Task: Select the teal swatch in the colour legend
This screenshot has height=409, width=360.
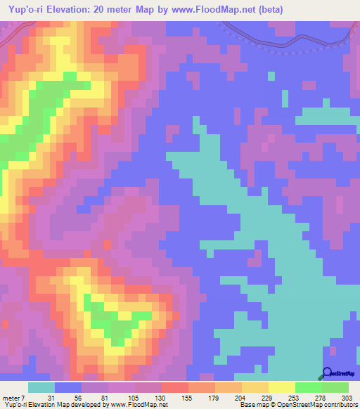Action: click(41, 387)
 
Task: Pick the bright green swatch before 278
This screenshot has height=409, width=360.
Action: click(309, 387)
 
